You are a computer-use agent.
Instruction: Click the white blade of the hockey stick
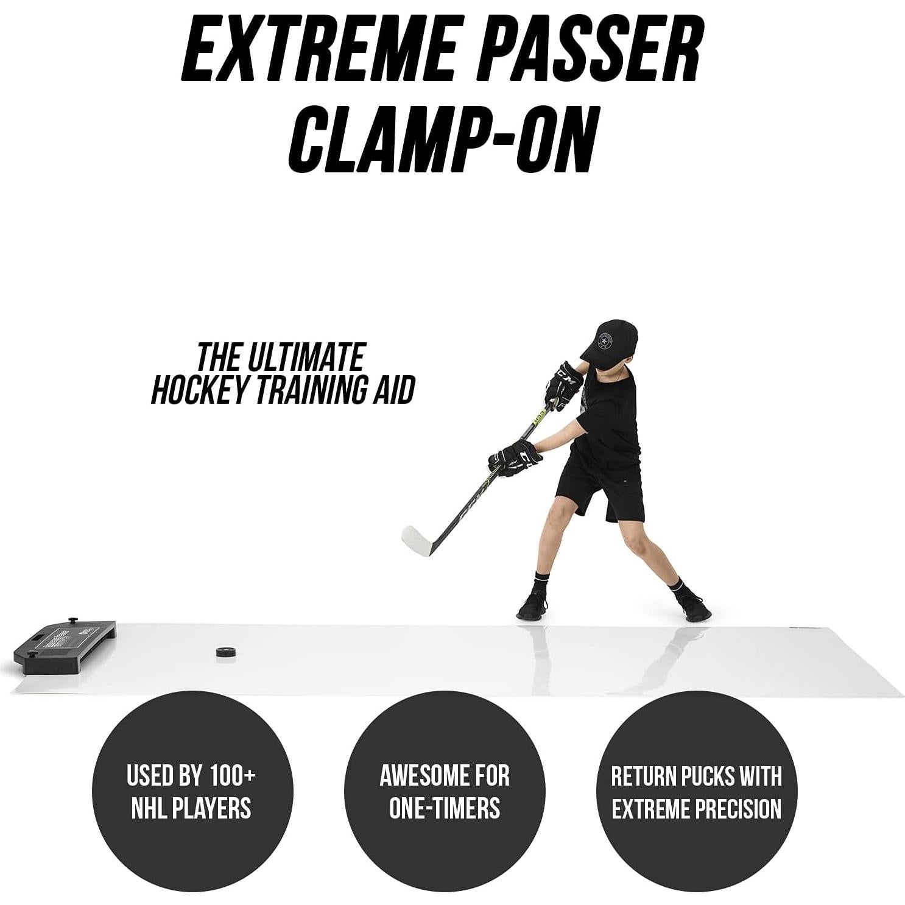pos(418,539)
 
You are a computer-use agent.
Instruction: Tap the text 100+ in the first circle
pos(232,775)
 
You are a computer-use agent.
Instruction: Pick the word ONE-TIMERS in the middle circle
pos(445,808)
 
